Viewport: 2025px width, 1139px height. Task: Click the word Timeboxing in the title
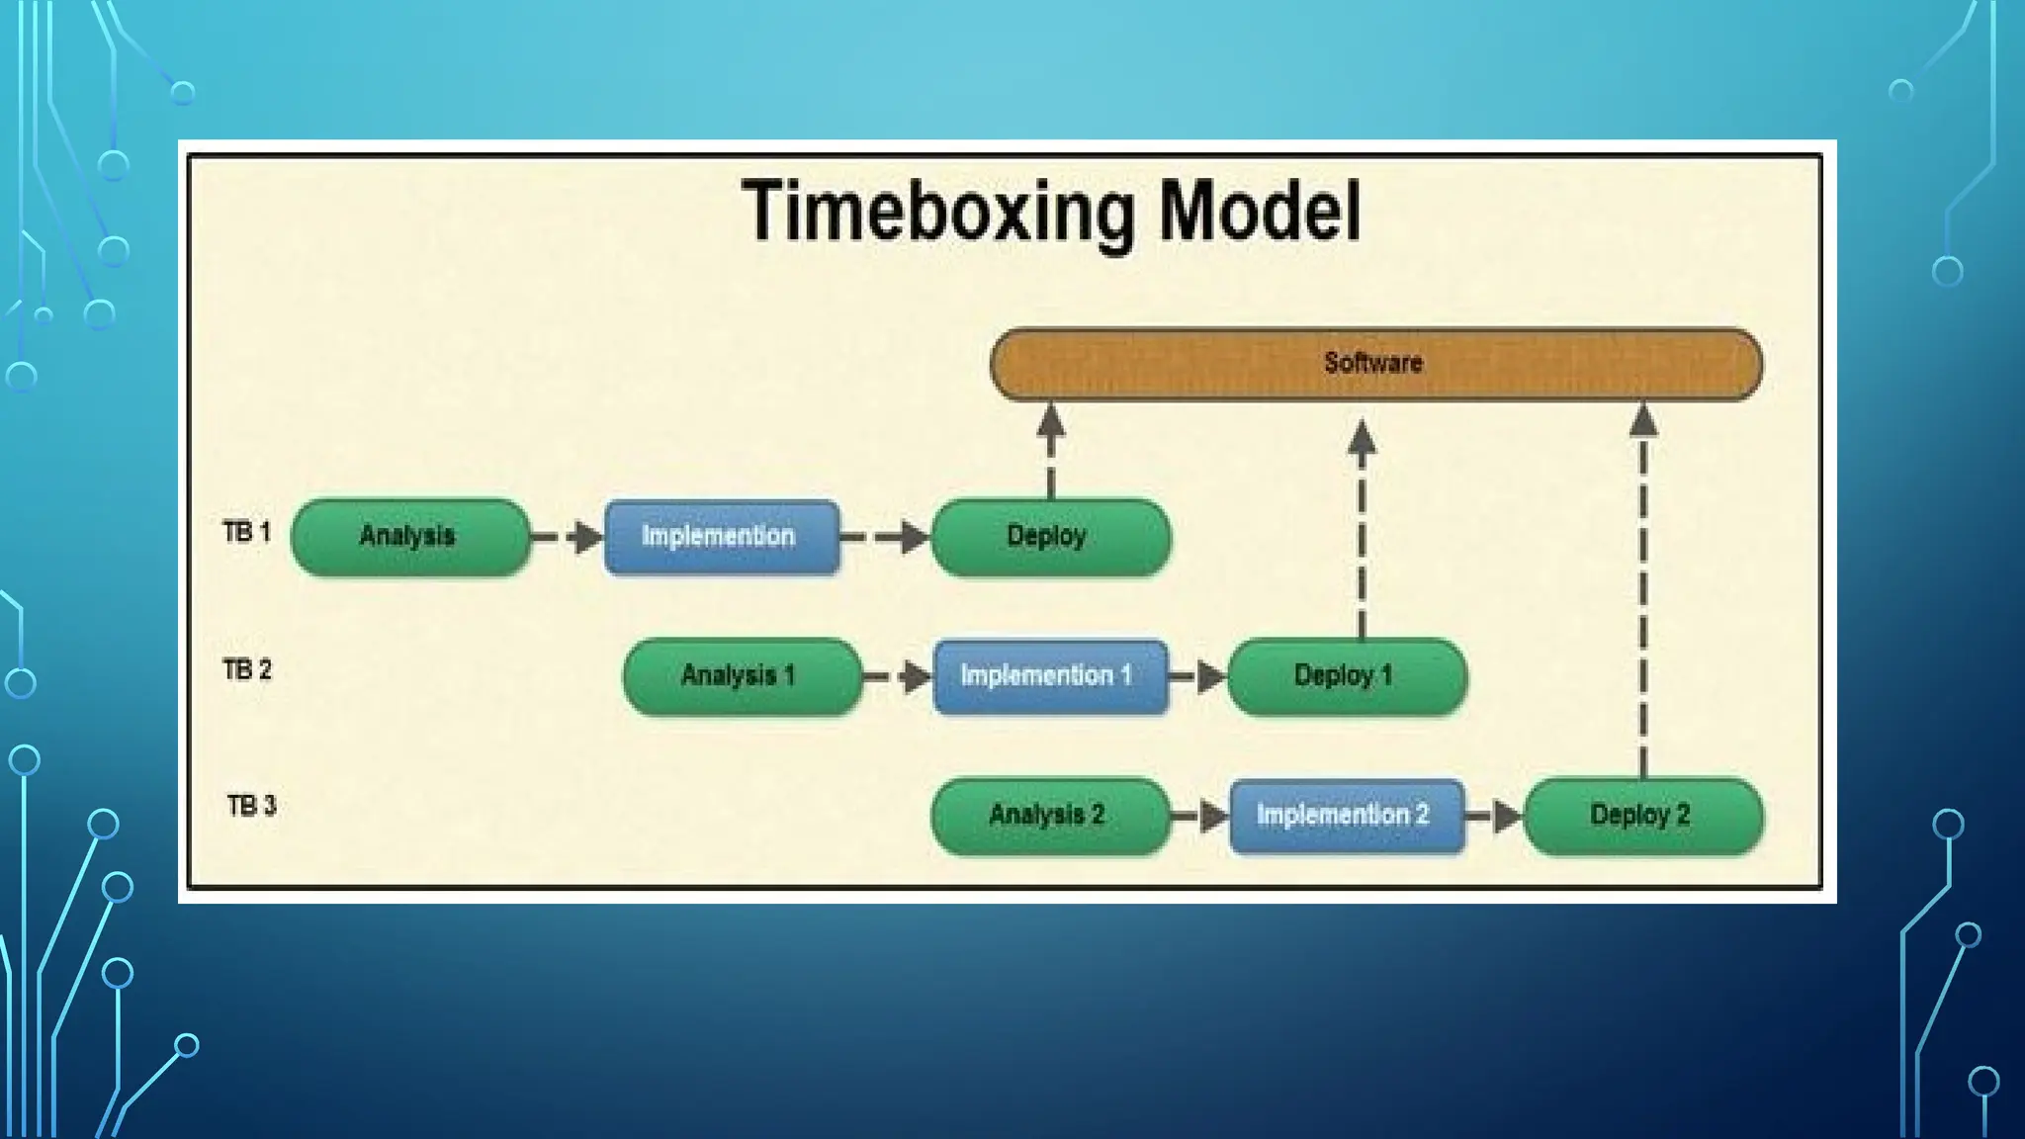pos(937,212)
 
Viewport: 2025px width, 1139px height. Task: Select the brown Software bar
pos(1375,364)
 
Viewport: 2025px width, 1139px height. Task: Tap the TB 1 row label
pos(246,533)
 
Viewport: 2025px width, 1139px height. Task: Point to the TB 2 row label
pos(246,670)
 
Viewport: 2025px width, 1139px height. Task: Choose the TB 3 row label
pos(251,806)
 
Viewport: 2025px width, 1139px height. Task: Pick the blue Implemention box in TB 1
pos(721,537)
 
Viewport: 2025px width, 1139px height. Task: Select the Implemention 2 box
pos(1346,816)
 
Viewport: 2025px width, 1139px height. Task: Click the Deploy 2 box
pos(1642,816)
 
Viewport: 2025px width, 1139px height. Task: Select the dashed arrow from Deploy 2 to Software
pos(1642,593)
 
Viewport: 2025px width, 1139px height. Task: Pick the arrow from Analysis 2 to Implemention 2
pos(1199,817)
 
